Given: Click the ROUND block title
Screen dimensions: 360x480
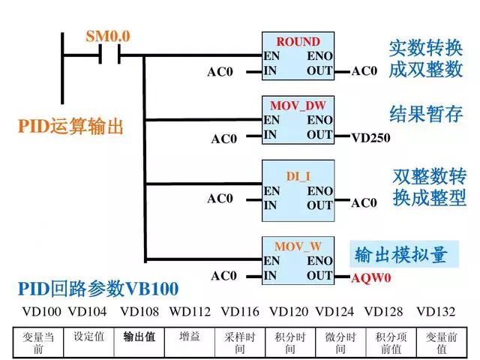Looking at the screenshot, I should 298,42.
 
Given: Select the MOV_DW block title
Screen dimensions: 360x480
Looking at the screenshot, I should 298,105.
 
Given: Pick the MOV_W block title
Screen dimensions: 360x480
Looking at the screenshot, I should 298,246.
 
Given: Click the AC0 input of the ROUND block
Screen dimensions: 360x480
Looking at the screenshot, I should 220,72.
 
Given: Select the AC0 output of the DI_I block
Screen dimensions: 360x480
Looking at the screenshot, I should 364,202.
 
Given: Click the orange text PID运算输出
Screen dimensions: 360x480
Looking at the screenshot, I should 70,127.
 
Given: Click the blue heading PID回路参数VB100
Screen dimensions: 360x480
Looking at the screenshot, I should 97,289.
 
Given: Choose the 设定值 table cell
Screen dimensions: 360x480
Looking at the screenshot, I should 88,337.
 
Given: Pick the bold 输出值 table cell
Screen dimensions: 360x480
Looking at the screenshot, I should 139,337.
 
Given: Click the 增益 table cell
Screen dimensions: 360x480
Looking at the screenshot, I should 190,337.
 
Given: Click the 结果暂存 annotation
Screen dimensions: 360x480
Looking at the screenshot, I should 425,113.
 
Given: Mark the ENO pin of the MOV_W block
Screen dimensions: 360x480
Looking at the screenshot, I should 319,261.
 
